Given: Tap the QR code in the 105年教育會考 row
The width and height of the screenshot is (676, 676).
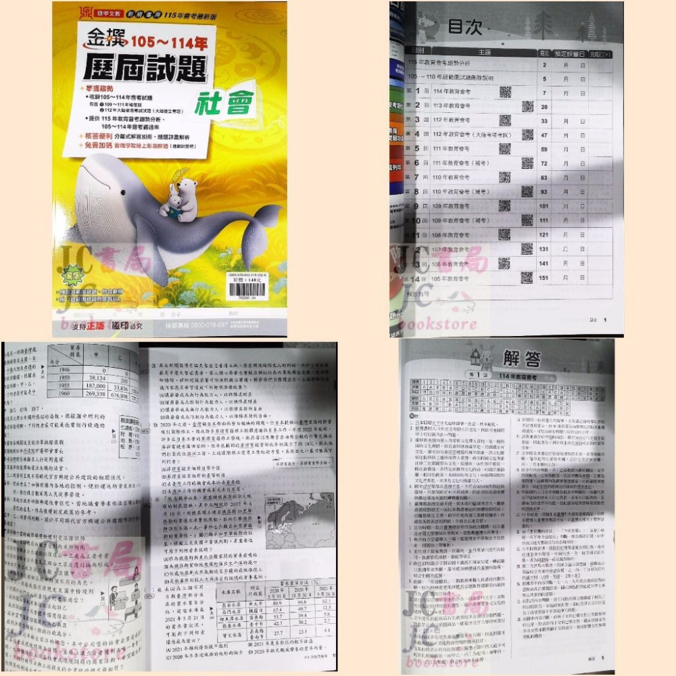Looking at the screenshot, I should point(526,278).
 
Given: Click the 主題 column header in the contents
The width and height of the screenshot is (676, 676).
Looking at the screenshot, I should point(483,51).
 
